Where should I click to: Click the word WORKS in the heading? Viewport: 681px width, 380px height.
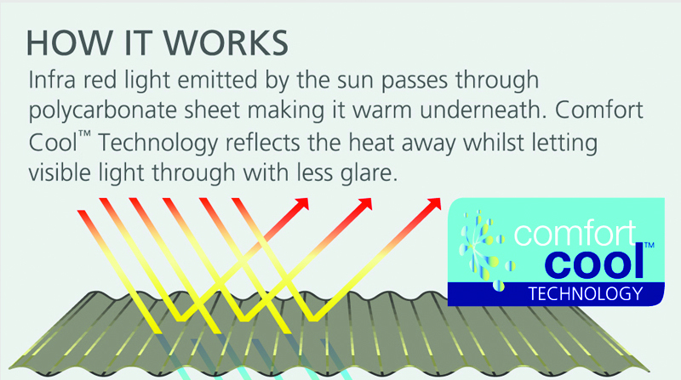coord(226,43)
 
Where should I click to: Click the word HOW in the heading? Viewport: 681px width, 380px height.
coord(70,43)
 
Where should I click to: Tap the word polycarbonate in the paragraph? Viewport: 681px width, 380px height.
coord(102,111)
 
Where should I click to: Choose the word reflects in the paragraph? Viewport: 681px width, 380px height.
coord(263,143)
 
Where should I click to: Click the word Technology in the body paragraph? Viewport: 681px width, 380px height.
coord(157,144)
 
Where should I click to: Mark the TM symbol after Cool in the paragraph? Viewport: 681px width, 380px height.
coord(84,134)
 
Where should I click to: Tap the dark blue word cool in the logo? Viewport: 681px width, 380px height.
coord(593,262)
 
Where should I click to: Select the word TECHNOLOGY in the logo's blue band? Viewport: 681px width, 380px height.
coord(586,294)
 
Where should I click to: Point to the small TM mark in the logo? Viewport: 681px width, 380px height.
coord(649,245)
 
